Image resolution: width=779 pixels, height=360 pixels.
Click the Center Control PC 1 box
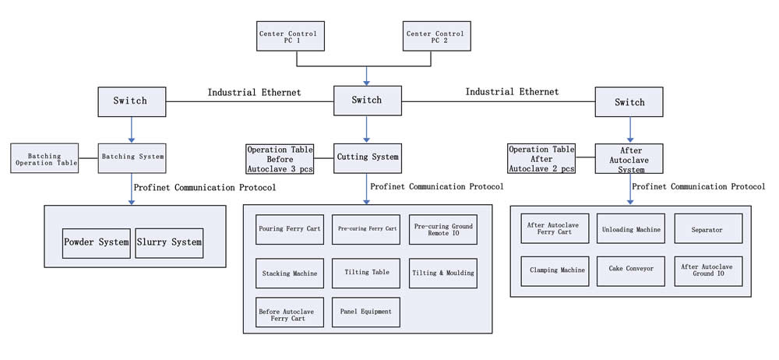click(290, 36)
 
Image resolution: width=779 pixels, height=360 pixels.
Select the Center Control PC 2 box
click(435, 36)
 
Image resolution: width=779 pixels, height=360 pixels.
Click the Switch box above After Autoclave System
click(629, 102)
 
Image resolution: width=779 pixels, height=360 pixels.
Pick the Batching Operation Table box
click(45, 158)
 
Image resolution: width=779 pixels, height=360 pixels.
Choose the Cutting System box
click(367, 157)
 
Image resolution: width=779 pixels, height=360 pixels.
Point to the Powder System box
click(96, 242)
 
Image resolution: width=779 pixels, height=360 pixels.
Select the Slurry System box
click(169, 242)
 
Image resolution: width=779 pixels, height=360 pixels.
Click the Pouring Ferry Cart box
click(289, 229)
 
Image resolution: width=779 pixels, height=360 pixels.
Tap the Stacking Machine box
click(289, 273)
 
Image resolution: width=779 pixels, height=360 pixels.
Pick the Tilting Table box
click(365, 273)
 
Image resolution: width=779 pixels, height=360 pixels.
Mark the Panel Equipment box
click(365, 312)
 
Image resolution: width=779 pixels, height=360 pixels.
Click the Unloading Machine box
click(631, 229)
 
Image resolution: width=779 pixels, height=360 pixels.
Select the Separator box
click(708, 229)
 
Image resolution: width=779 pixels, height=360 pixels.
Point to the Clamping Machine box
click(555, 270)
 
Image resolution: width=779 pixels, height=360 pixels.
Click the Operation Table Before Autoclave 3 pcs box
click(280, 159)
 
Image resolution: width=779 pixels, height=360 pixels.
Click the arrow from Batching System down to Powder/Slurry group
click(131, 189)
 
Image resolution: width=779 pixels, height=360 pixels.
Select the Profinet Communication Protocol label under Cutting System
click(436, 186)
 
